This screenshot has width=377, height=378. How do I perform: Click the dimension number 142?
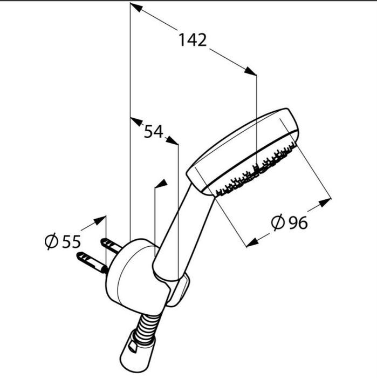(x=193, y=40)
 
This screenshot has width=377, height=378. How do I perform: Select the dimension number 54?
(x=154, y=132)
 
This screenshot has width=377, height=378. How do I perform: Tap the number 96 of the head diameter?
(x=298, y=222)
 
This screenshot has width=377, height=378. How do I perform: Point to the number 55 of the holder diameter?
(x=71, y=242)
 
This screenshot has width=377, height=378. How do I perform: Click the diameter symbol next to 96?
(x=278, y=222)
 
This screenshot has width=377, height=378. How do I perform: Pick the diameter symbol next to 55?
(x=52, y=241)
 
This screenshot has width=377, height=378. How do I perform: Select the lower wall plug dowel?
(x=92, y=262)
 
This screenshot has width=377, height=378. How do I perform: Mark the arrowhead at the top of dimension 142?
(x=136, y=7)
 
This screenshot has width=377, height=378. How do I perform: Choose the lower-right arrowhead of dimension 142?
(x=250, y=71)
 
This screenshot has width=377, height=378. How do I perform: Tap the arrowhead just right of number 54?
(x=172, y=140)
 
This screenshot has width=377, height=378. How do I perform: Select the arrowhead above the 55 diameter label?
(x=100, y=220)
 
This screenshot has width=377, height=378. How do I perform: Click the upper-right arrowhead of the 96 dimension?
(x=325, y=203)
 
